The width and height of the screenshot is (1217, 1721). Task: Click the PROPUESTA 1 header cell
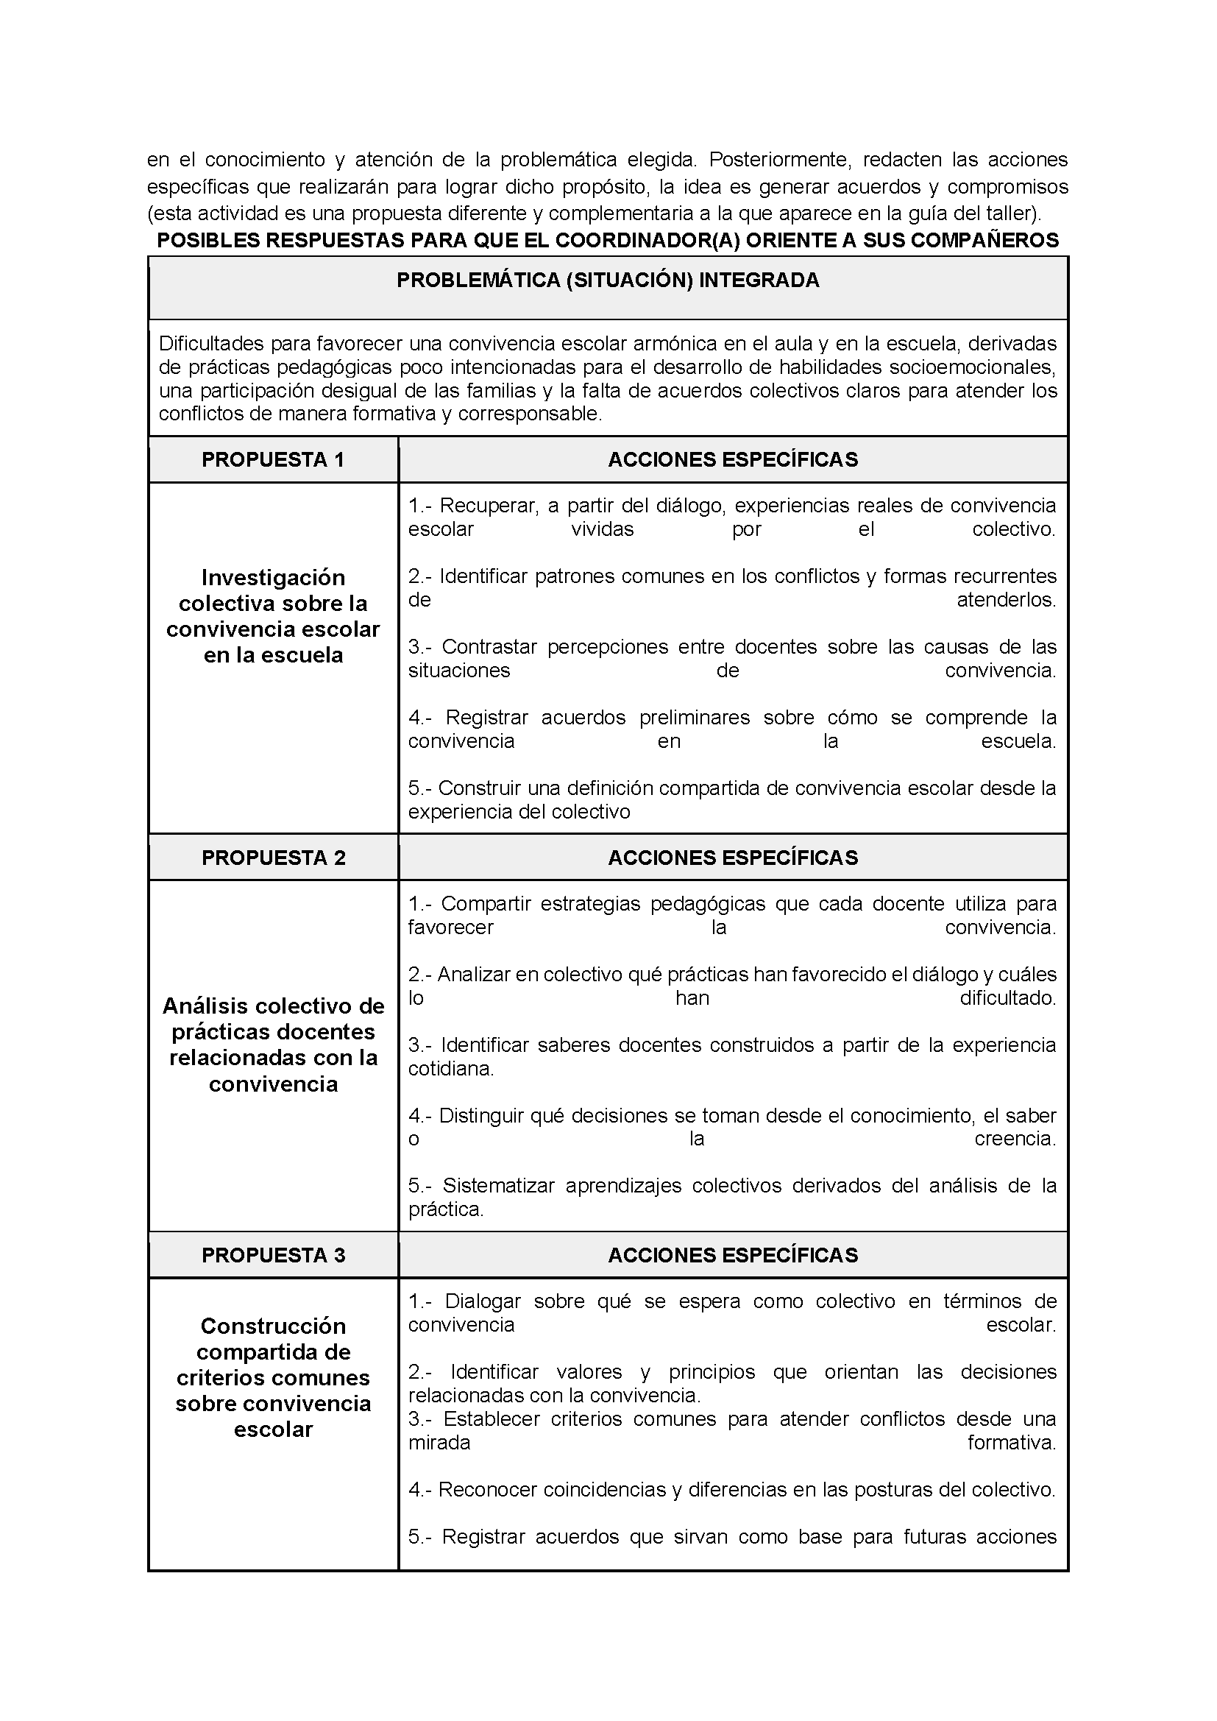[x=273, y=459]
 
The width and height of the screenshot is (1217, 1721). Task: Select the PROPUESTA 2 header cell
[x=273, y=858]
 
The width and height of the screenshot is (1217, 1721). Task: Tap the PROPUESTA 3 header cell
[x=273, y=1256]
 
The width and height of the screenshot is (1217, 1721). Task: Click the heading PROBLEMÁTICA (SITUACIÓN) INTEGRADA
[x=608, y=280]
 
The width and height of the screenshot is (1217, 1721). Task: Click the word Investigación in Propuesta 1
[x=273, y=578]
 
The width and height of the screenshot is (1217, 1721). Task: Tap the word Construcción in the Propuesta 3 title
[x=273, y=1326]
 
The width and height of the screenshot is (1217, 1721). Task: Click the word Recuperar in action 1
[x=489, y=506]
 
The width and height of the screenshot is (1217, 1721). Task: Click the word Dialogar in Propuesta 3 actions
[x=483, y=1301]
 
